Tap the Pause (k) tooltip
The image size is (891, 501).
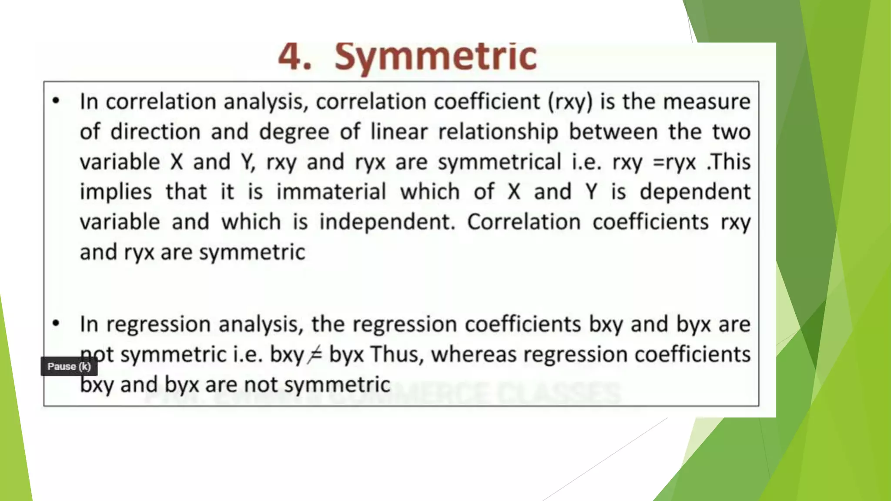pos(69,366)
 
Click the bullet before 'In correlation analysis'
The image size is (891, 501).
pos(56,101)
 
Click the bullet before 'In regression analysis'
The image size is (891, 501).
pos(56,324)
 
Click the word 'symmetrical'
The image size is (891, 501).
pos(499,162)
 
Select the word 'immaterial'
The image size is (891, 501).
pos(331,192)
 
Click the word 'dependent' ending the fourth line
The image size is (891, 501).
pos(695,192)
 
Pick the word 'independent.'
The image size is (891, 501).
pos(387,222)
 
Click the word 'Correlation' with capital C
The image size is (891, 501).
pos(524,222)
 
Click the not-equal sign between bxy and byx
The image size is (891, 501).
pos(315,355)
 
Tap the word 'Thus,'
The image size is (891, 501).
pos(397,354)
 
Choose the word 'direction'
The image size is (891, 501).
pos(155,132)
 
